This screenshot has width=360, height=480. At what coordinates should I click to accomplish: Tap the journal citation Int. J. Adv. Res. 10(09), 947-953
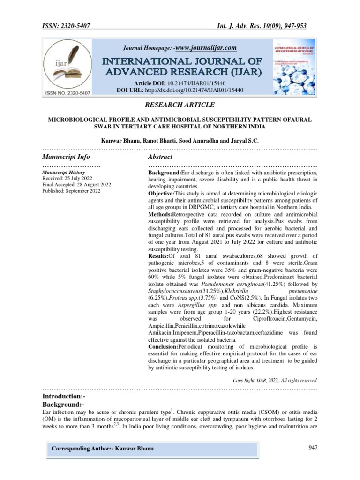click(x=265, y=27)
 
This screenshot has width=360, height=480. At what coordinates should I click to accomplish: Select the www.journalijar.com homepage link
click(x=205, y=48)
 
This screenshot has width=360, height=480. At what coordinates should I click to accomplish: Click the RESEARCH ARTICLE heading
click(x=180, y=105)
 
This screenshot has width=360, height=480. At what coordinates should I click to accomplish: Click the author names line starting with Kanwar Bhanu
click(x=180, y=140)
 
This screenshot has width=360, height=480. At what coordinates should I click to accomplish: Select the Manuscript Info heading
click(x=66, y=157)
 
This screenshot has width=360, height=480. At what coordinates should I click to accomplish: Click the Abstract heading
click(x=160, y=157)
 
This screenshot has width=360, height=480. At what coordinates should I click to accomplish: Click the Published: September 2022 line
click(x=71, y=191)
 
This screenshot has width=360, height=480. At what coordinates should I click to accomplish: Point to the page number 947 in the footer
click(x=313, y=448)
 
